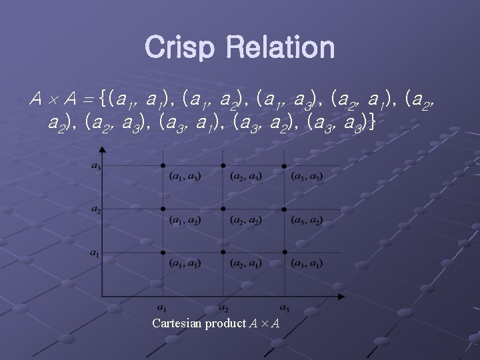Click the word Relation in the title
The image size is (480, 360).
(280, 47)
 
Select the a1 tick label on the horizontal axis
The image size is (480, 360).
(162, 307)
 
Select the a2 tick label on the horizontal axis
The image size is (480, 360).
(223, 307)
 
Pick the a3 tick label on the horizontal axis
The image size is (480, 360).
(285, 307)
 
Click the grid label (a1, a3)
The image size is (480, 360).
(185, 177)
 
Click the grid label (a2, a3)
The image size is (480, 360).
(246, 177)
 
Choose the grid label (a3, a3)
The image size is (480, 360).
(307, 177)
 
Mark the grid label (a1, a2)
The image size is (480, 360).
(185, 221)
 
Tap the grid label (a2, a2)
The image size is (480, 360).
(246, 221)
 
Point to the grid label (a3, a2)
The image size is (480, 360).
(307, 221)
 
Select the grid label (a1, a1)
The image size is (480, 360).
(185, 264)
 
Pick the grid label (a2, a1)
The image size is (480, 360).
(246, 264)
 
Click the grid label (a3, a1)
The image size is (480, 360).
(307, 264)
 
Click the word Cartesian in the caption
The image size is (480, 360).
(177, 323)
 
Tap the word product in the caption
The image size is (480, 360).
(225, 324)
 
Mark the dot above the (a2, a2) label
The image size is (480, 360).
(223, 209)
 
